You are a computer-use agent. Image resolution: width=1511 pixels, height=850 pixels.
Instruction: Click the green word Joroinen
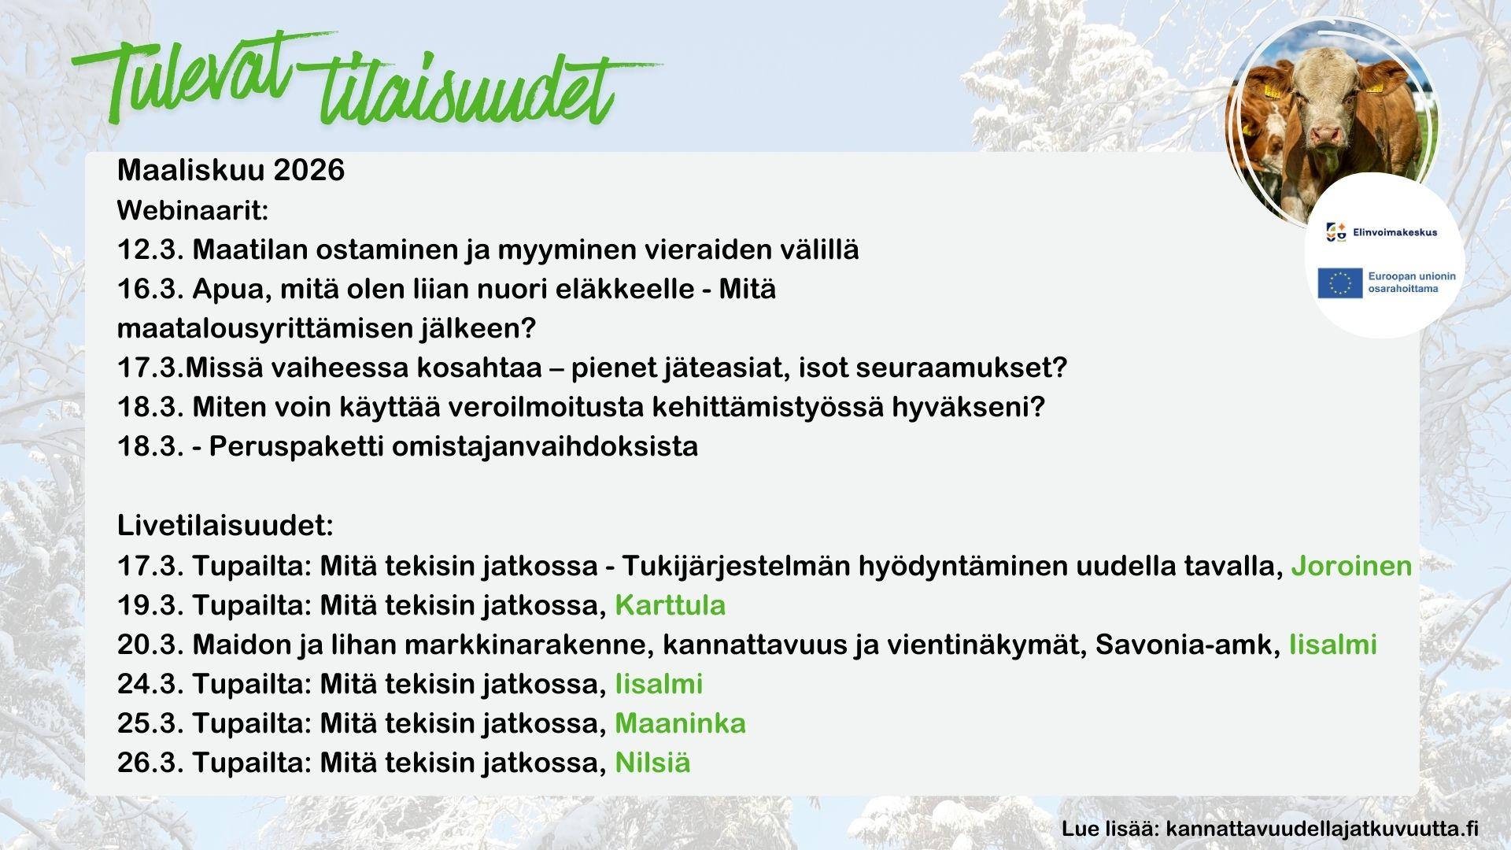(1351, 566)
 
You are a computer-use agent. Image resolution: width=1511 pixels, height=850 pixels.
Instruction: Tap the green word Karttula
(670, 605)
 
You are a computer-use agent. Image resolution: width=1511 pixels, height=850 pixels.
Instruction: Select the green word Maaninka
(680, 723)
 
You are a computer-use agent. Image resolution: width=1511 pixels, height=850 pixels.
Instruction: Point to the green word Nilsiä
(652, 763)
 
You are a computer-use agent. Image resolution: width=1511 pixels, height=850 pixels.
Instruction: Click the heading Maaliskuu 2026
(231, 170)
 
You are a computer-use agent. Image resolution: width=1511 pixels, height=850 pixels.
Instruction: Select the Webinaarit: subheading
(193, 210)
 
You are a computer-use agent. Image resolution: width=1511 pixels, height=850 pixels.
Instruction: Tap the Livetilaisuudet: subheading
(225, 526)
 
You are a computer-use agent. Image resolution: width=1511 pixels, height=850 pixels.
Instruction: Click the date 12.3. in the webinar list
(151, 250)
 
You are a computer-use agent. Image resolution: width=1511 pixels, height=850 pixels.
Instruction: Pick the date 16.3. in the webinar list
(151, 290)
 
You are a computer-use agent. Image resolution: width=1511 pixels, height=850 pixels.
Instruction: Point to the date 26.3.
(151, 763)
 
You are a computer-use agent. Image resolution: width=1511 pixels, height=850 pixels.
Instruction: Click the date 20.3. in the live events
(151, 645)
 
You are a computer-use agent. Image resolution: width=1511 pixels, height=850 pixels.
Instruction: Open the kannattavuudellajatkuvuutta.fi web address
(1322, 829)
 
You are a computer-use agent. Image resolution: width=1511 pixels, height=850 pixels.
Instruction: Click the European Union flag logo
(1339, 283)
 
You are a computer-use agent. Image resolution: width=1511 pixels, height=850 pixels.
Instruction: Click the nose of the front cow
(1327, 135)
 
